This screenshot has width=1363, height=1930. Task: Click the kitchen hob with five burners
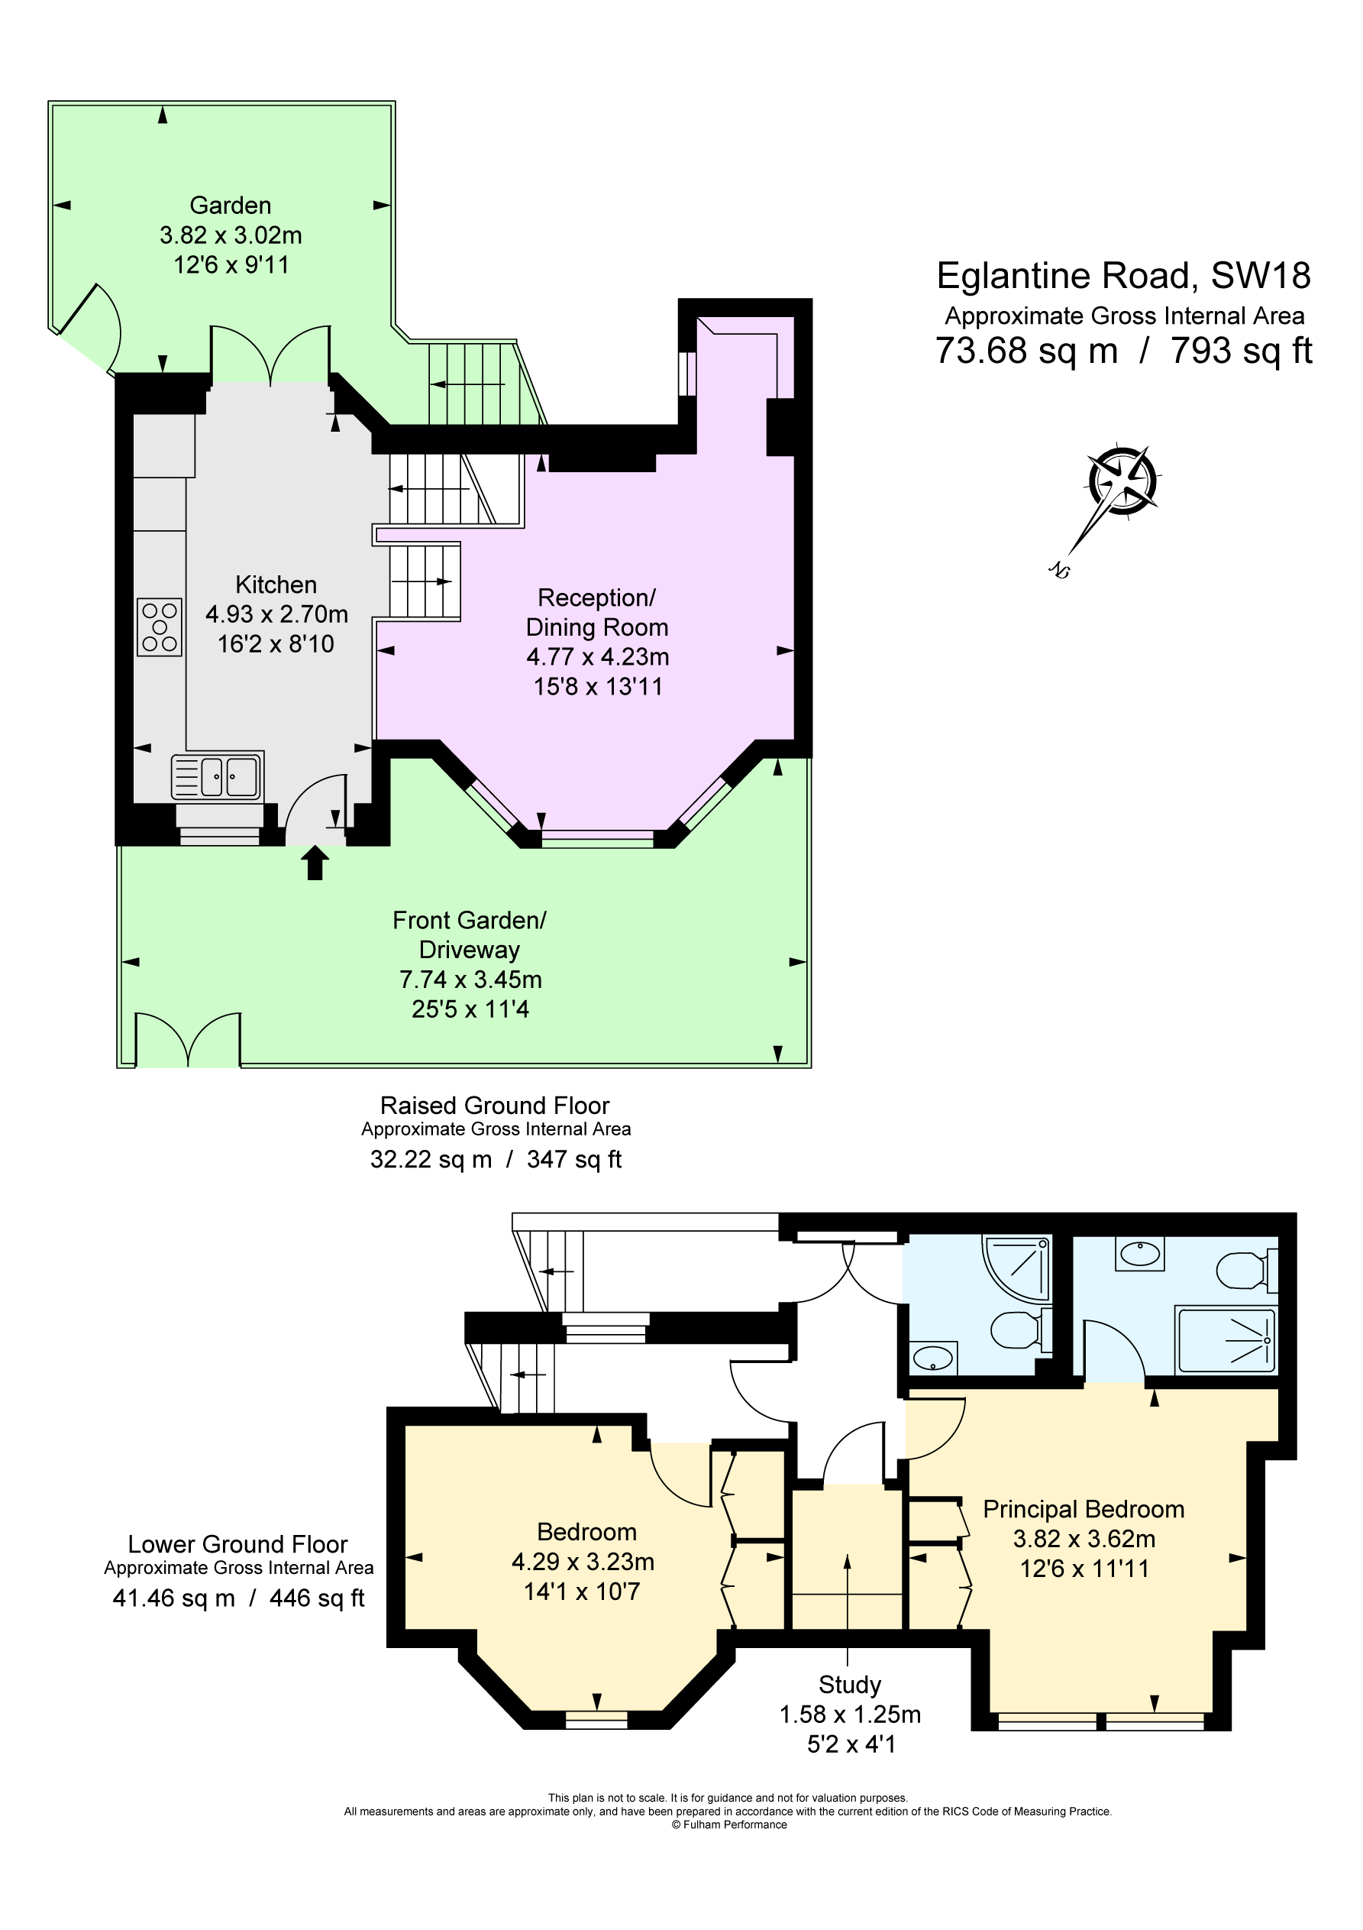[160, 627]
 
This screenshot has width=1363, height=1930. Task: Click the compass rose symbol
[1122, 481]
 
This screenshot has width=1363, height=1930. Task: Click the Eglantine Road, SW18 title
[1123, 276]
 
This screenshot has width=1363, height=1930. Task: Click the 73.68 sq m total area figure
[1026, 351]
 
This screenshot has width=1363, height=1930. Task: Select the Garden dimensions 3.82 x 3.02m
[231, 235]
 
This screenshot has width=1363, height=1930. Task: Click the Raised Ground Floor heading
[495, 1106]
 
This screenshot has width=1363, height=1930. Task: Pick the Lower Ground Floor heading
[237, 1544]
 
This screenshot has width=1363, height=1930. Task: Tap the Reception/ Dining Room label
[596, 612]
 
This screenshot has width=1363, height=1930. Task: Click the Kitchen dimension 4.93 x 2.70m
[276, 614]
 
